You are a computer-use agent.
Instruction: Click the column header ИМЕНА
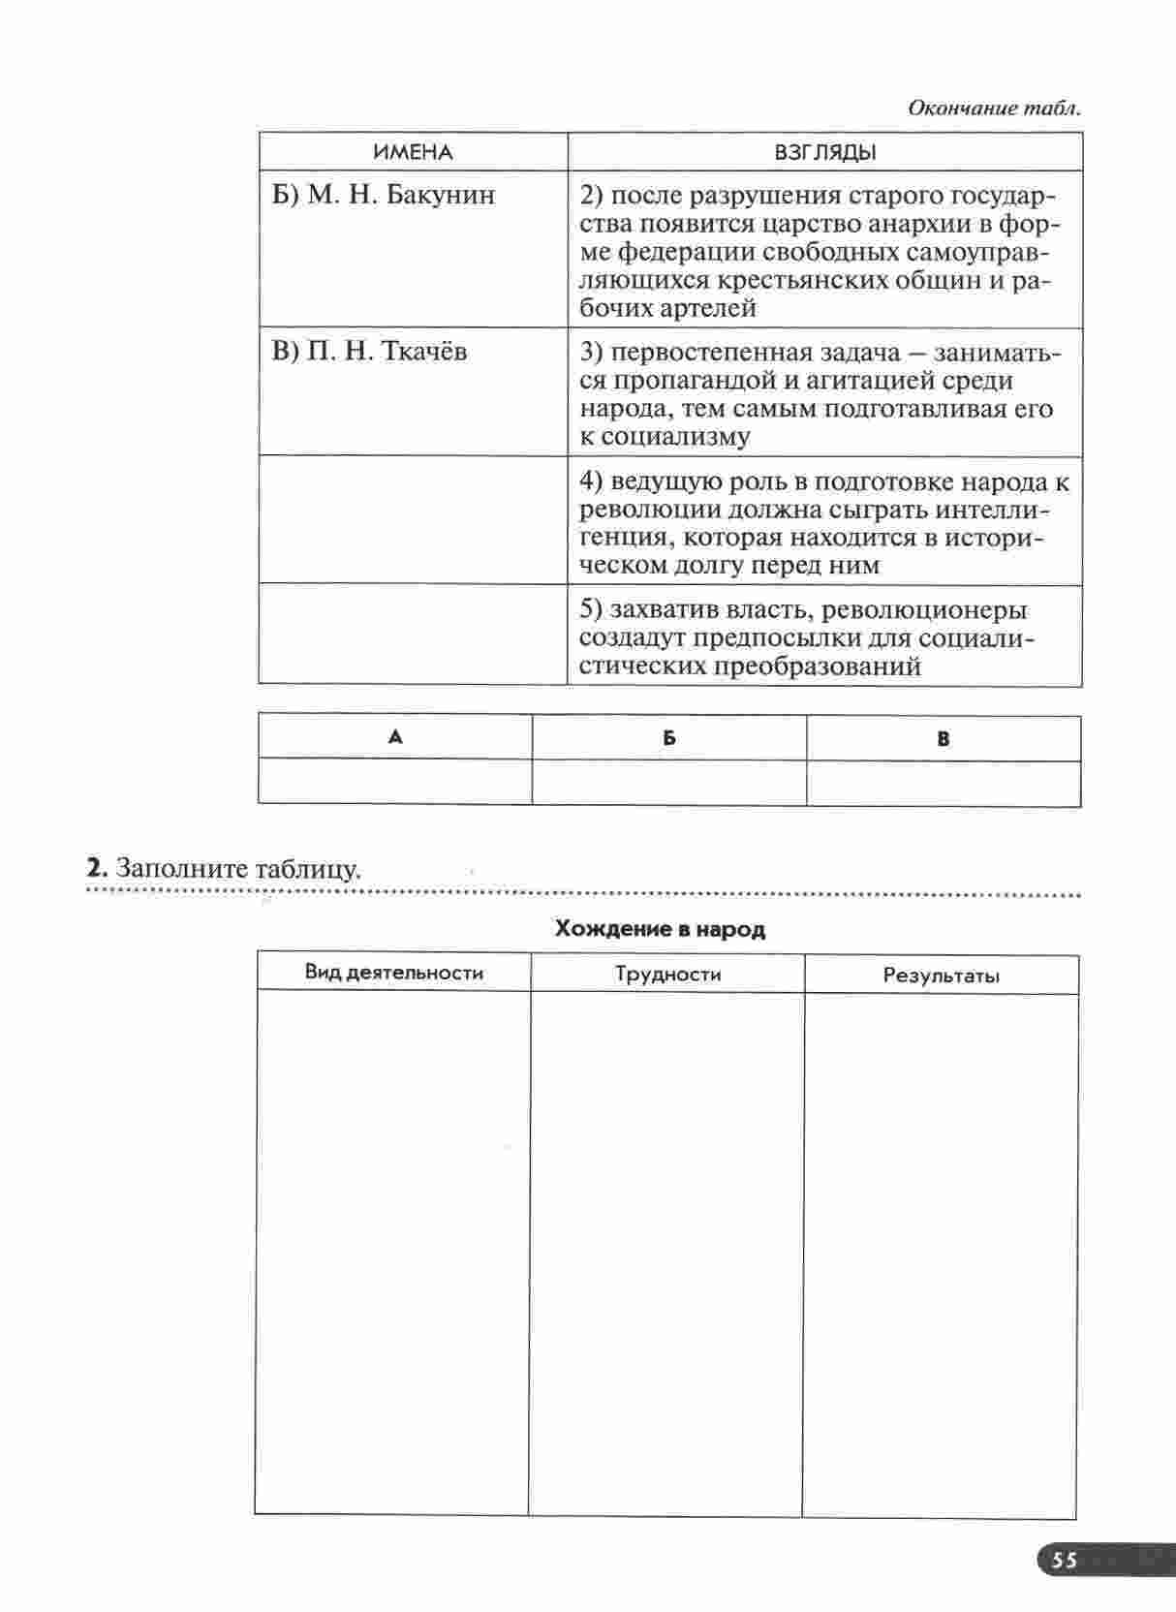pos(413,152)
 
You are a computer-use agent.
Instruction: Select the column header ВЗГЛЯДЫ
pos(825,152)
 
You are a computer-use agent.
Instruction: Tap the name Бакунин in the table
pos(440,195)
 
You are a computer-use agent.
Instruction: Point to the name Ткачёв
pos(425,351)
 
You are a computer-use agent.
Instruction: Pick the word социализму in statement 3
pos(676,437)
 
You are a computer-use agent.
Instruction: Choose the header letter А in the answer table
pos(395,737)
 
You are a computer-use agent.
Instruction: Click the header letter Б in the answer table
pos(669,738)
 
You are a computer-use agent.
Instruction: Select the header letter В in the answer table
pos(944,738)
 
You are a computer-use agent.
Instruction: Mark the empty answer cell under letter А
pos(395,782)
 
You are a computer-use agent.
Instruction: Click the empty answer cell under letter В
pos(944,783)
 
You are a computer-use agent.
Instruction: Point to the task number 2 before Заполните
pos(94,867)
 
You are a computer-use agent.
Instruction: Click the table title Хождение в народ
pos(660,929)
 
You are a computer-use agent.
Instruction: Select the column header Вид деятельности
pos(393,973)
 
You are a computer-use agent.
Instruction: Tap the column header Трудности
pos(668,974)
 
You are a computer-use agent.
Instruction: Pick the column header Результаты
pos(941,976)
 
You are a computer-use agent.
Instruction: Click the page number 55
pos(1065,1560)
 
